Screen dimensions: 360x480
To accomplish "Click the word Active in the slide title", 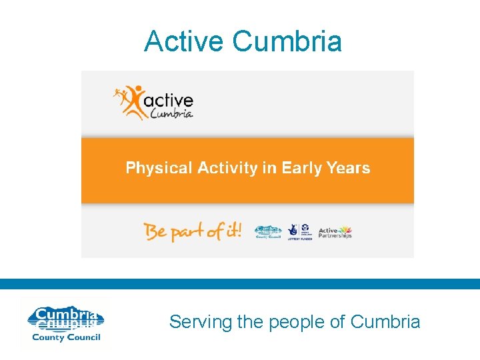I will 185,41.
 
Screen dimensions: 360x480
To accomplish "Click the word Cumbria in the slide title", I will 287,41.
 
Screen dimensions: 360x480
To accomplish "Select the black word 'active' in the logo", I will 169,101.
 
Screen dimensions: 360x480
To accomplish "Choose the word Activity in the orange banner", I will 227,168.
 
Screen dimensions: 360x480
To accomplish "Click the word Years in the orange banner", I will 348,168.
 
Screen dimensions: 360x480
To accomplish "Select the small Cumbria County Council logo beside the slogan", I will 269,232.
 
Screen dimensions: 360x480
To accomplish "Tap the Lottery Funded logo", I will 301,231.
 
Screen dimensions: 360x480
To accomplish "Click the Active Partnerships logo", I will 335,232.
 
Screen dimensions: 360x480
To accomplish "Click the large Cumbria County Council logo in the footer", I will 64,323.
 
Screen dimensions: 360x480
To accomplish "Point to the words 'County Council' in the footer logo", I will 65,337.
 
